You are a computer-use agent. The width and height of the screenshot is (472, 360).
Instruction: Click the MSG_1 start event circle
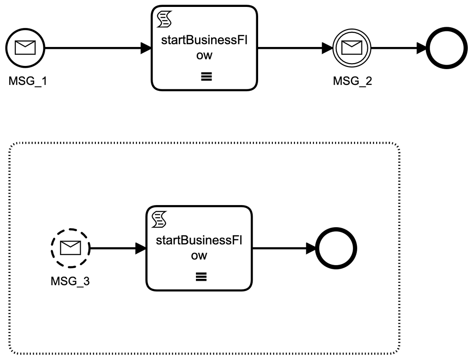pos(25,47)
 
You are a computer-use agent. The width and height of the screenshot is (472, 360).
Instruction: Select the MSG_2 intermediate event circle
pos(352,47)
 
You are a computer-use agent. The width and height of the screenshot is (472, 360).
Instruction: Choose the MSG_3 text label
pos(70,281)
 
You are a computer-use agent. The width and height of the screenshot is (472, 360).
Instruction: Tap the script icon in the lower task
pos(158,220)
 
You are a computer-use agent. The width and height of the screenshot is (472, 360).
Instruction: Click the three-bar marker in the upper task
pos(205,77)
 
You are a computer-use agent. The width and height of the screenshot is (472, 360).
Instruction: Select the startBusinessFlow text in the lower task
pos(200,248)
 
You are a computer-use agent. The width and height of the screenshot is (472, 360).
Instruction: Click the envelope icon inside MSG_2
pos(352,47)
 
